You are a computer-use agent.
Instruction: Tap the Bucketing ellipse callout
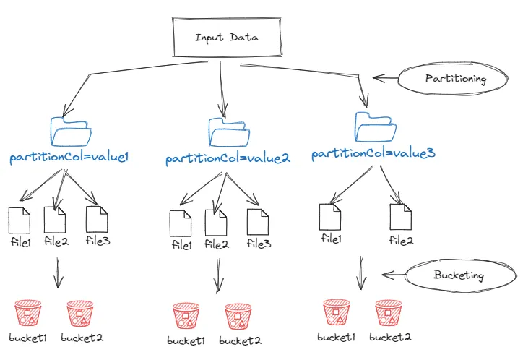tap(457, 275)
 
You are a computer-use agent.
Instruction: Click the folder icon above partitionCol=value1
tap(72, 132)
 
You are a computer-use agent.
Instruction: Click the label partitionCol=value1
tap(69, 157)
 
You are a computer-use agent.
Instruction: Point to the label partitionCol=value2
tap(228, 158)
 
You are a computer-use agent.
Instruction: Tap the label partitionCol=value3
tap(373, 154)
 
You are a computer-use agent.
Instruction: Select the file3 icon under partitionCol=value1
tap(97, 219)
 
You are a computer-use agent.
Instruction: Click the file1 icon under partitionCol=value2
tap(181, 222)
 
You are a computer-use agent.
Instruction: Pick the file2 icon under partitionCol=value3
tap(400, 216)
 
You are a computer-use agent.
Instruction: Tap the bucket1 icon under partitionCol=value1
tap(28, 314)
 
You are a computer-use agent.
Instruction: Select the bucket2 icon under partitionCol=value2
tap(238, 317)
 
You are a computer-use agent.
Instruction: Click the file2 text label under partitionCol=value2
tap(217, 245)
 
